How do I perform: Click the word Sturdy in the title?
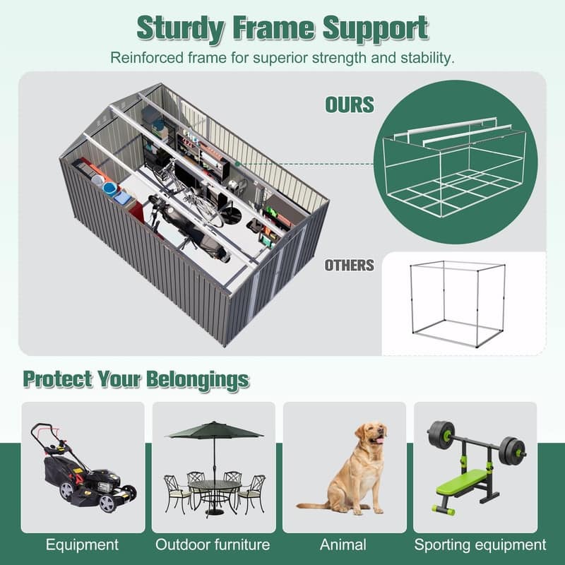pyautogui.click(x=181, y=29)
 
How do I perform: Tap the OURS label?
pyautogui.click(x=350, y=105)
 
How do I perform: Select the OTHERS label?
pyautogui.click(x=350, y=266)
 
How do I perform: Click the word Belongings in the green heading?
pyautogui.click(x=198, y=380)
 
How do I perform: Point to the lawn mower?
pyautogui.click(x=83, y=468)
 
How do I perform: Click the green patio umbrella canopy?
pyautogui.click(x=214, y=430)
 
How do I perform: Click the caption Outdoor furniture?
pyautogui.click(x=213, y=545)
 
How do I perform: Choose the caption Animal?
pyautogui.click(x=343, y=545)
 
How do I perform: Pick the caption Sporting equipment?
pyautogui.click(x=480, y=545)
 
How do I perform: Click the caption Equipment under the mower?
pyautogui.click(x=82, y=545)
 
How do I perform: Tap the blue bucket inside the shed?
pyautogui.click(x=110, y=189)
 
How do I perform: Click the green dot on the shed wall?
pyautogui.click(x=237, y=164)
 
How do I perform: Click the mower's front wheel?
pyautogui.click(x=107, y=503)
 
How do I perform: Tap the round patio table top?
pyautogui.click(x=215, y=485)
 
